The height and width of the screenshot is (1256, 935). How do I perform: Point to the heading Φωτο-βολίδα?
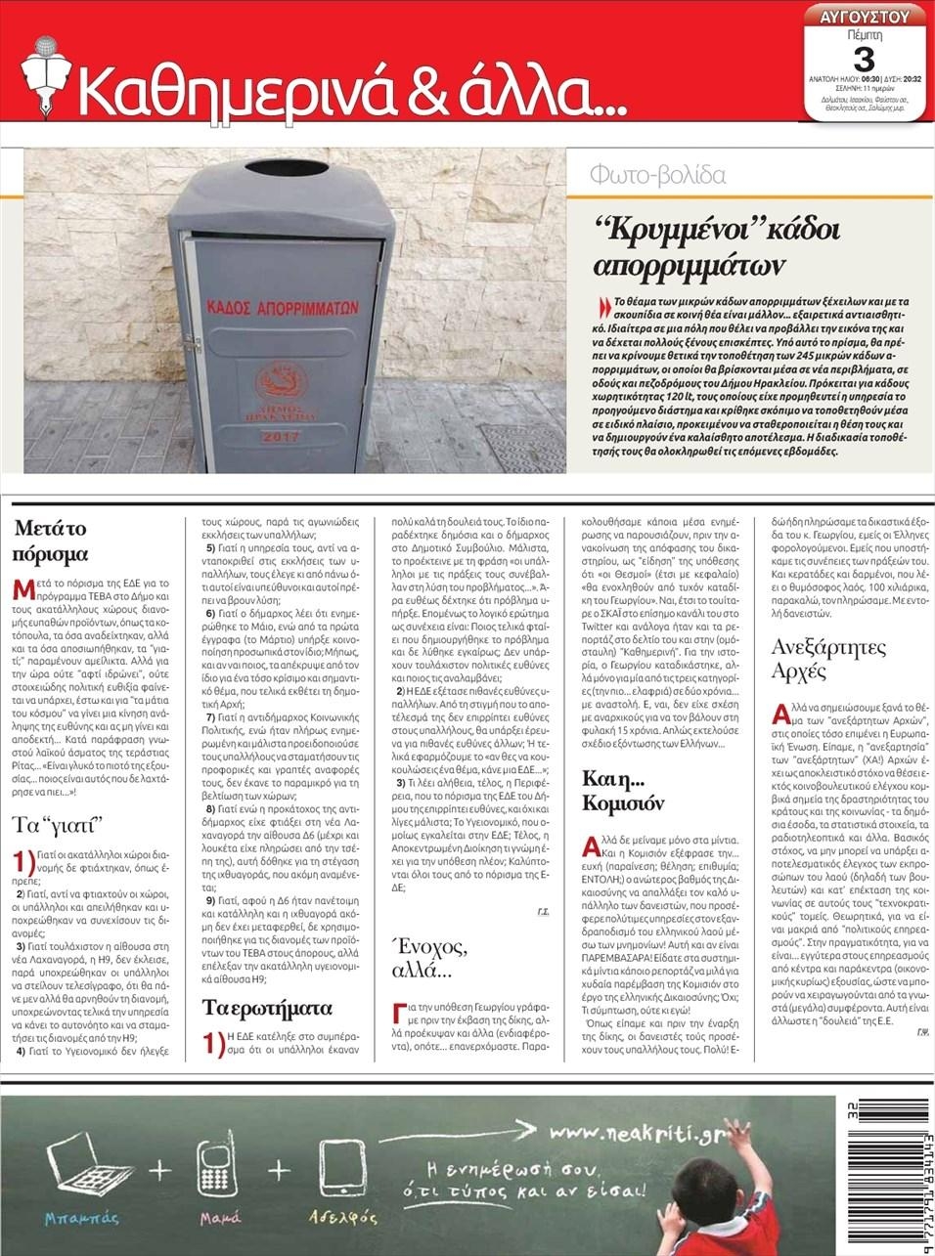pyautogui.click(x=657, y=176)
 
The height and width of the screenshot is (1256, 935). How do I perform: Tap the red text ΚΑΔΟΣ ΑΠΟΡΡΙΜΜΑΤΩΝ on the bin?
pyautogui.click(x=283, y=307)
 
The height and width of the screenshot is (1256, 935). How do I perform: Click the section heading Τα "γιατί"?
pyautogui.click(x=59, y=823)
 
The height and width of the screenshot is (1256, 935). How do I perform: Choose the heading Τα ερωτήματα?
pyautogui.click(x=267, y=1007)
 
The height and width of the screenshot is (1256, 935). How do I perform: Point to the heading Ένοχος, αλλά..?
pyautogui.click(x=429, y=958)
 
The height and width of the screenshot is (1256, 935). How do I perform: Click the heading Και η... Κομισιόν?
pyautogui.click(x=623, y=792)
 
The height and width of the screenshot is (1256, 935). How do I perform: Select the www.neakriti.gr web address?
pyautogui.click(x=635, y=1134)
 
